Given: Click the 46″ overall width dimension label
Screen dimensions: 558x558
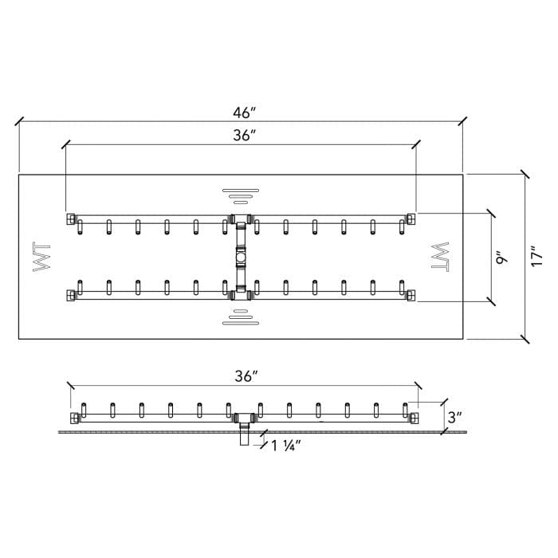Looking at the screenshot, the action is click(x=244, y=113).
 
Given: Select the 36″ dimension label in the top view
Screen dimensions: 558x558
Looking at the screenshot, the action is click(x=244, y=136).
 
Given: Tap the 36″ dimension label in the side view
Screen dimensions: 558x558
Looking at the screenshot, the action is click(x=246, y=376).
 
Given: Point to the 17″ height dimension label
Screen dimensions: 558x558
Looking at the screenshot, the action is click(x=536, y=255).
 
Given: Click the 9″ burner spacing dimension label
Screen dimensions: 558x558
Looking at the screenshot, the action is click(x=501, y=258).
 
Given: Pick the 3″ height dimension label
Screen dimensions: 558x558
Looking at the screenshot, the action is click(x=455, y=417).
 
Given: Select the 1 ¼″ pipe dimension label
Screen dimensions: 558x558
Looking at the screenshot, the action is click(x=286, y=446).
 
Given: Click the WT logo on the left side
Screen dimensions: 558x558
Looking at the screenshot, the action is click(x=41, y=257).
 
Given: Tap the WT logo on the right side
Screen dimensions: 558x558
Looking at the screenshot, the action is click(x=440, y=257).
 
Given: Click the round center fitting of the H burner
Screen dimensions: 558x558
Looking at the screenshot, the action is click(x=241, y=257).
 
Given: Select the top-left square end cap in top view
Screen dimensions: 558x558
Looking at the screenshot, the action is click(x=71, y=218).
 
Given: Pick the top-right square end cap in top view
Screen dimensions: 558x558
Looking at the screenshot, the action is click(x=411, y=218).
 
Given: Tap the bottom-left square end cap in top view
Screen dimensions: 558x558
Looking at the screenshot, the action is click(x=71, y=295).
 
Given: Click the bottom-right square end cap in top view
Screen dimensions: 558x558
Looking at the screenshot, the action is click(x=411, y=295).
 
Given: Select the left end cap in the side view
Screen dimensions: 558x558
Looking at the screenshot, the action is click(x=74, y=418).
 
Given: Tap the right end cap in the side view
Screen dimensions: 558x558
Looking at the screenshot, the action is click(x=414, y=418).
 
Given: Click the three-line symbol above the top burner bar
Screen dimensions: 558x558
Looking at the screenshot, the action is click(x=241, y=196).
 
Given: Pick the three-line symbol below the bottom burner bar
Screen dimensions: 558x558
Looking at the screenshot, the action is click(x=241, y=317).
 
